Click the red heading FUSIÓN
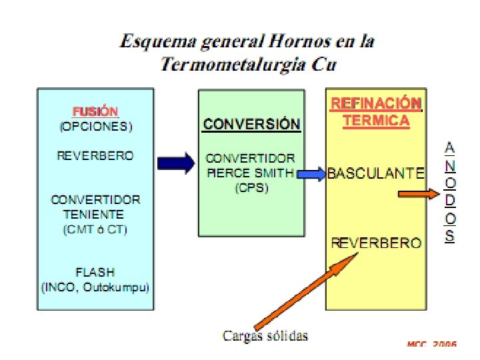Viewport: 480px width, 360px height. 95,111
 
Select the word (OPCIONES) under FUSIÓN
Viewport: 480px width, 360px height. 95,125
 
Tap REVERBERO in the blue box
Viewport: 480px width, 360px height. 95,155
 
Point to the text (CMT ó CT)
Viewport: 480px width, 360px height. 95,230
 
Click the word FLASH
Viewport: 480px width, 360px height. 95,272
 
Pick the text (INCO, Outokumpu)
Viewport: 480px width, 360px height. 95,288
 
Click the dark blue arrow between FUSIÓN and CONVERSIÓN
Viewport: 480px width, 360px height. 175,163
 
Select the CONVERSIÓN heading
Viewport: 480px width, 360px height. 252,124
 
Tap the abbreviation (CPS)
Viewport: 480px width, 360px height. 251,188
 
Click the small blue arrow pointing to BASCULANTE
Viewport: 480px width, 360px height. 311,174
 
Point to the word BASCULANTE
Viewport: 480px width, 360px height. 375,174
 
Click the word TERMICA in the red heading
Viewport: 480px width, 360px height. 376,121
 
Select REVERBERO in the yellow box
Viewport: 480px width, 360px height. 376,243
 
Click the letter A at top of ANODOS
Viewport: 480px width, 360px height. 450,146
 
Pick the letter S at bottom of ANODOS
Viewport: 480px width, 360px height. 450,235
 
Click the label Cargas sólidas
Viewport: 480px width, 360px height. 265,335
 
